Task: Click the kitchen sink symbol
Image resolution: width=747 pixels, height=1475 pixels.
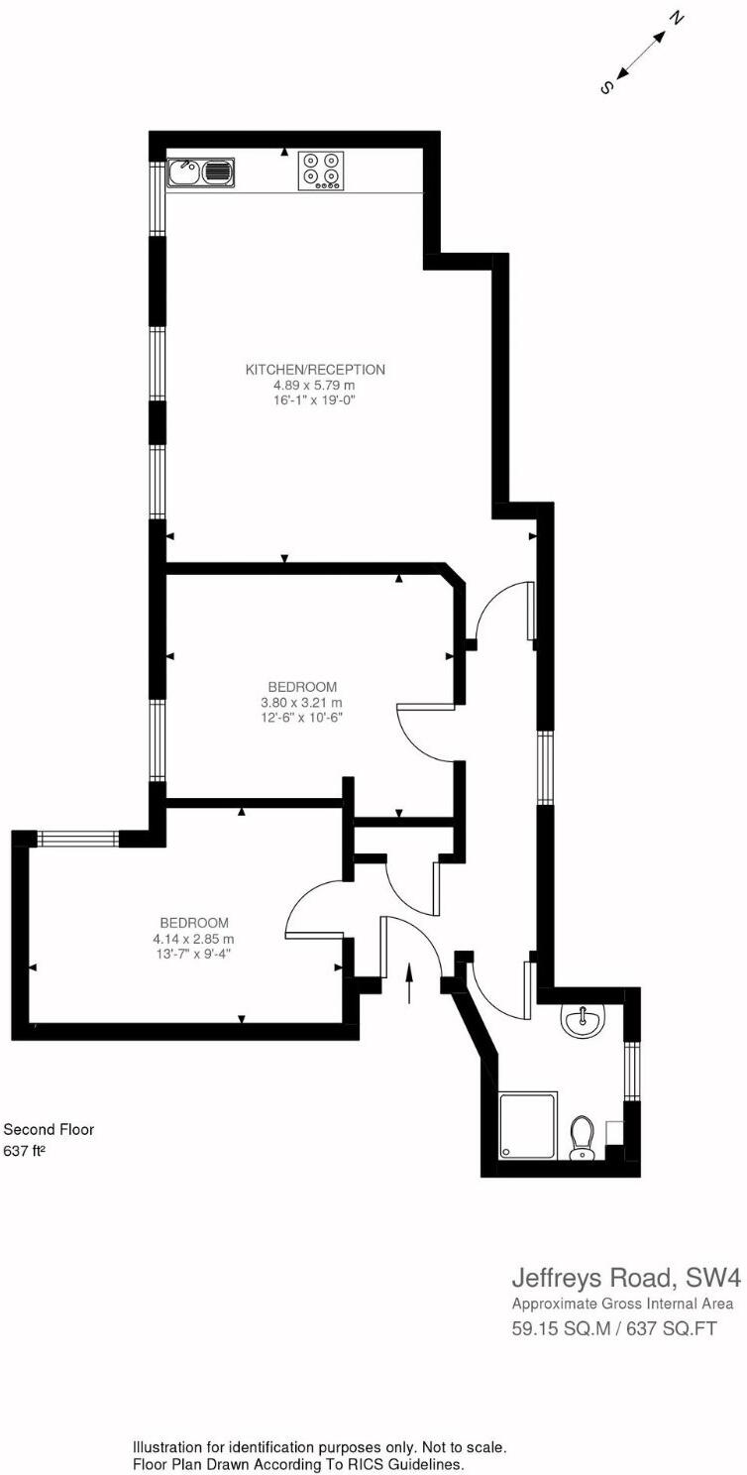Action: [201, 173]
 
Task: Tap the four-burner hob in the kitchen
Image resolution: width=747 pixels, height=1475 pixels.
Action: [321, 170]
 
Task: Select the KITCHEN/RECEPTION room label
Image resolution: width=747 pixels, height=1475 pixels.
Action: [315, 370]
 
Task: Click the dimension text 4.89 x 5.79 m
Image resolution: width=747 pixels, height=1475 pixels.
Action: [315, 385]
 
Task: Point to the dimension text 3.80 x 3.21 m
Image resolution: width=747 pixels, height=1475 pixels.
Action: [302, 702]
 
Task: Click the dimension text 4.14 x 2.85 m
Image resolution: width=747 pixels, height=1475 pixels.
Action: [193, 939]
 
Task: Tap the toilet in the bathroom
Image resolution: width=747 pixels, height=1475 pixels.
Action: [583, 1138]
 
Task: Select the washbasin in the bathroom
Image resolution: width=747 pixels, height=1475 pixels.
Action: [582, 1019]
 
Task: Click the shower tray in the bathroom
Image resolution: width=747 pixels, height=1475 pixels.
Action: [528, 1125]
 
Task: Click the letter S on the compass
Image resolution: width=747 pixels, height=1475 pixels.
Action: [606, 87]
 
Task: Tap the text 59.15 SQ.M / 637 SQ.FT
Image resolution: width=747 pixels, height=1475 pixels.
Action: [613, 1327]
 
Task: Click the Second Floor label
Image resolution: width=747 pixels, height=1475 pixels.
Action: [50, 1129]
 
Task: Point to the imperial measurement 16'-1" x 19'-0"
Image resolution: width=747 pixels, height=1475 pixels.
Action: [315, 399]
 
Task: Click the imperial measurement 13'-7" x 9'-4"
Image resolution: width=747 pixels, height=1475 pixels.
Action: [193, 954]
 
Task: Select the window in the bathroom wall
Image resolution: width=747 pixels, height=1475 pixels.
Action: [631, 1071]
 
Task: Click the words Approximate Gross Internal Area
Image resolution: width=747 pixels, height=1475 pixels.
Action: [622, 1304]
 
